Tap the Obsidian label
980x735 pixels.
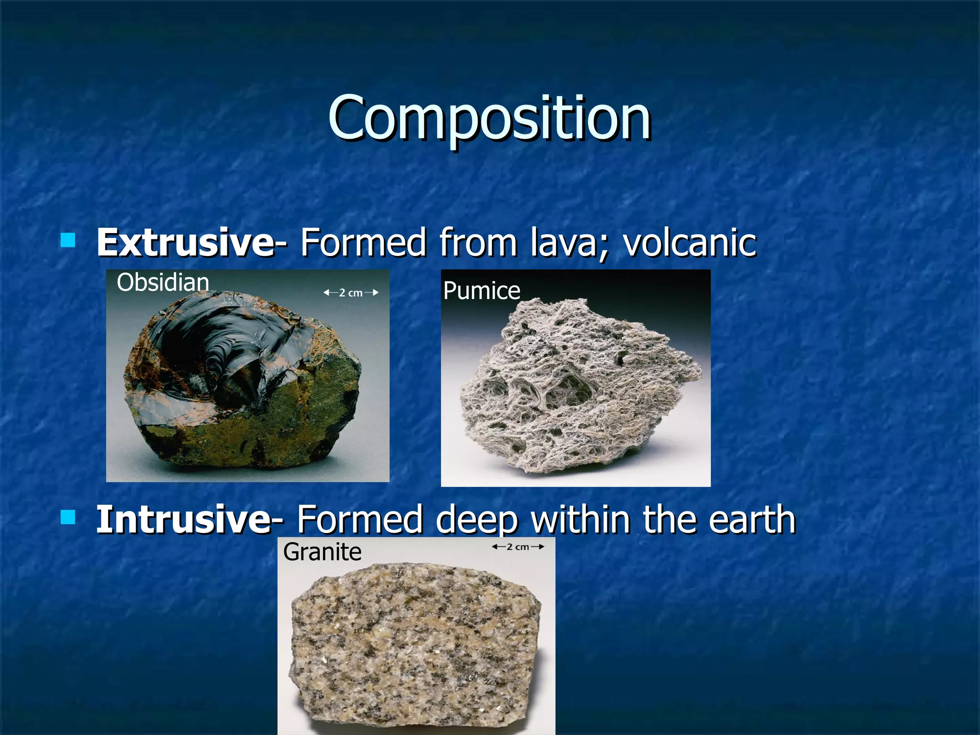(x=163, y=282)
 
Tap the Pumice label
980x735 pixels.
(x=481, y=291)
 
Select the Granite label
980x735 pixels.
(x=322, y=552)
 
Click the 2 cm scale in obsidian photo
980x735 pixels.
(x=351, y=293)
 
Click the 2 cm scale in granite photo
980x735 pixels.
(x=518, y=547)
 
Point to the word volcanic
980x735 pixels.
(x=690, y=243)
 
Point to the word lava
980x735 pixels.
(x=568, y=243)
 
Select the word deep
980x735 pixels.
(x=477, y=521)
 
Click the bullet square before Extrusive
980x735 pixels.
(x=68, y=240)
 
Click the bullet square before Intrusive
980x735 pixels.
(x=68, y=517)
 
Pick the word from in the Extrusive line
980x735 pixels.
(x=478, y=243)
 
